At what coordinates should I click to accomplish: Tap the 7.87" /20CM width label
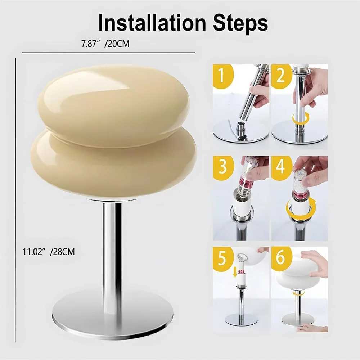tap(105, 44)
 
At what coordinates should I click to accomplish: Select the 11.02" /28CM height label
tap(49, 252)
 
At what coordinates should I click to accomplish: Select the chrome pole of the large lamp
tap(112, 252)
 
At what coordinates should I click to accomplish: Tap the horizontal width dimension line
tap(108, 53)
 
